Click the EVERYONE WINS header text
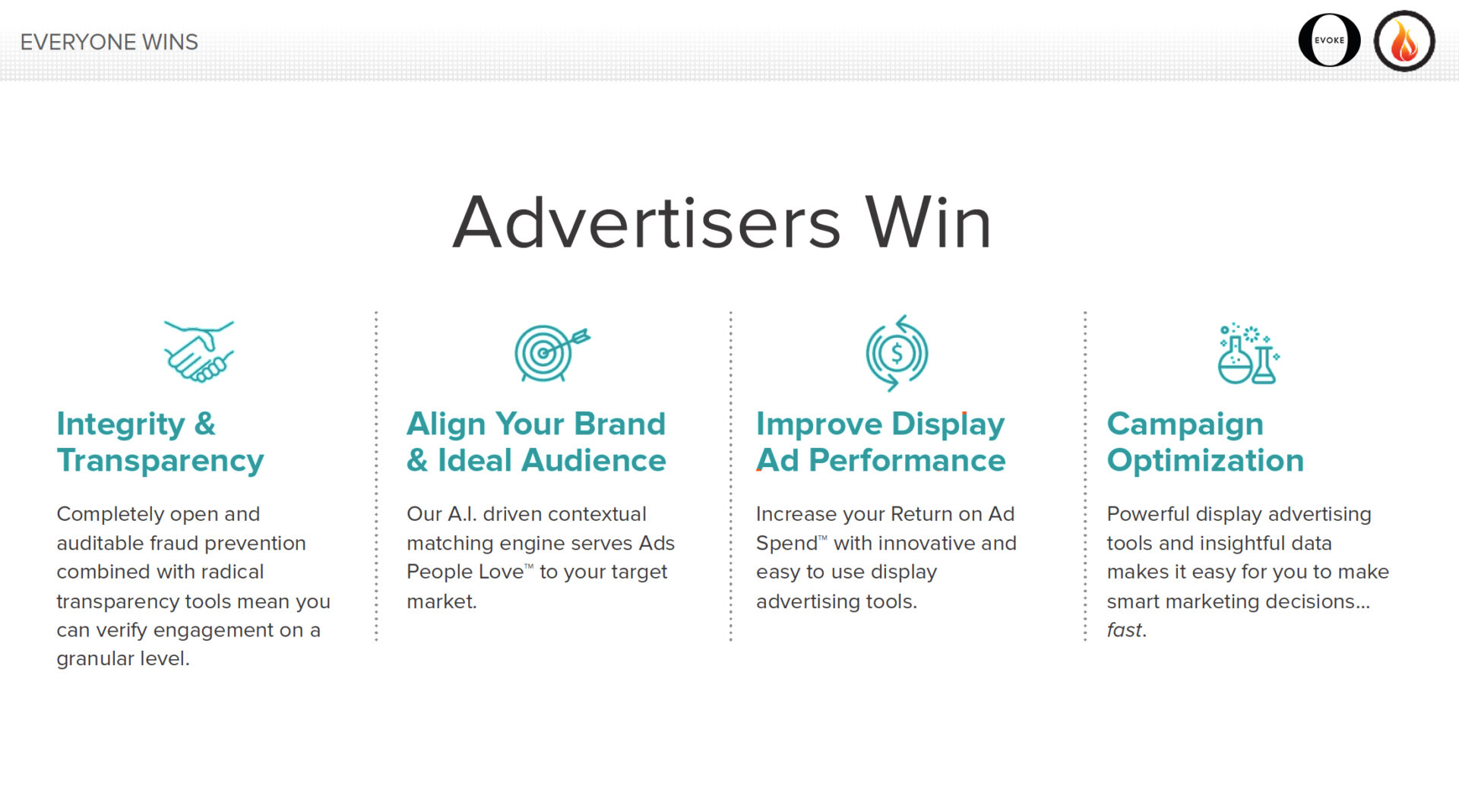(x=109, y=42)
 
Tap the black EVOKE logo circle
(x=1329, y=40)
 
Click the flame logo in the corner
(x=1404, y=41)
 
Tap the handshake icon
(x=199, y=351)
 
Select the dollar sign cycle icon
(x=897, y=353)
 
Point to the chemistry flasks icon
(x=1249, y=353)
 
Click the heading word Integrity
(x=121, y=424)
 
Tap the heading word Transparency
(x=160, y=461)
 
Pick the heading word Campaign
(x=1185, y=424)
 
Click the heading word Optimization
(x=1205, y=461)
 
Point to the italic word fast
(x=1124, y=630)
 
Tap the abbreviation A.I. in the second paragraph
(x=462, y=514)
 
